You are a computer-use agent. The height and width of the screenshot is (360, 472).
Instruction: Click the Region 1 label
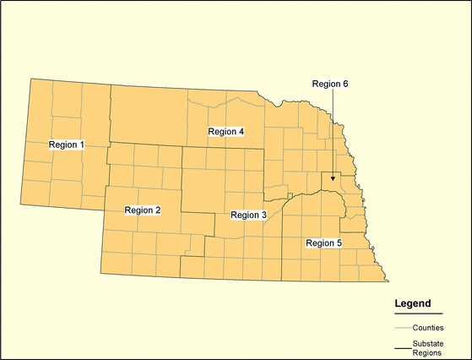67,145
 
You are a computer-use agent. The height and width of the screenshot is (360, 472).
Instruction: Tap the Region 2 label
142,210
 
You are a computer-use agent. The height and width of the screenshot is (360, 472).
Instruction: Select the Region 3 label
248,215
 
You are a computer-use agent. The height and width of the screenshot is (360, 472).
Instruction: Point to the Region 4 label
225,132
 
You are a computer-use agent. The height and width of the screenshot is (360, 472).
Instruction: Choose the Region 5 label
323,243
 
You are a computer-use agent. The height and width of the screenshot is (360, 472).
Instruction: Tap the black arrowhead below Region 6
333,178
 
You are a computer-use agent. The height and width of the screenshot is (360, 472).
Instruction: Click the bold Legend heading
413,303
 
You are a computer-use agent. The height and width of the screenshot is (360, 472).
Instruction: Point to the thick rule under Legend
418,313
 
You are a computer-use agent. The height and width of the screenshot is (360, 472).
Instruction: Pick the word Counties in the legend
429,327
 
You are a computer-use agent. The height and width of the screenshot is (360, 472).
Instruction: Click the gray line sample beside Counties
402,327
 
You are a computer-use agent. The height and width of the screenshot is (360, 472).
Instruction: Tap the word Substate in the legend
429,342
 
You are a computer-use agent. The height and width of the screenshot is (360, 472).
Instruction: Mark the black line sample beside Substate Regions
402,347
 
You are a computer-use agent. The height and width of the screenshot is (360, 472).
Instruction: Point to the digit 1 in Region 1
82,145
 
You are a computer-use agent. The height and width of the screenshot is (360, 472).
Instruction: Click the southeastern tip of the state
387,282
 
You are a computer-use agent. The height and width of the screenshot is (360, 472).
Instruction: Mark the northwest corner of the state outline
32,79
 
